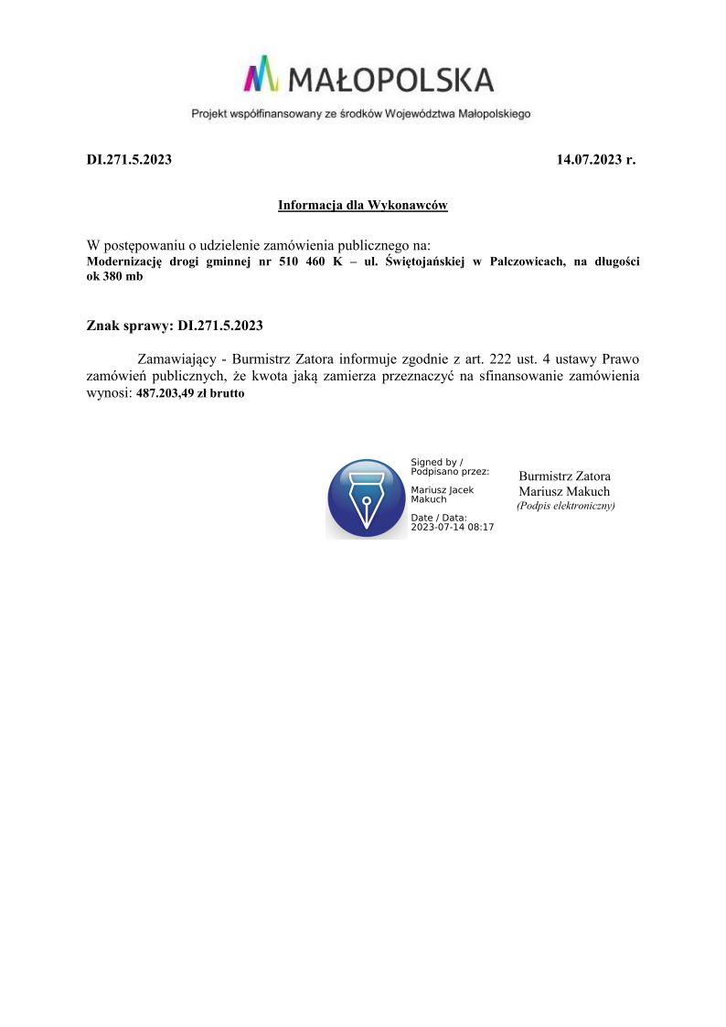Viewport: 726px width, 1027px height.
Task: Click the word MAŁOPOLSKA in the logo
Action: coord(391,80)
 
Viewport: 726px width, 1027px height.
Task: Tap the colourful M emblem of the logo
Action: coord(261,74)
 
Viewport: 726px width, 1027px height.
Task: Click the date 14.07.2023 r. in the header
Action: coord(595,159)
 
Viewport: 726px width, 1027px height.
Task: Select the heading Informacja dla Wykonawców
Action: coord(362,206)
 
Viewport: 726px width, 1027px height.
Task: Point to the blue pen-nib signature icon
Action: coord(367,497)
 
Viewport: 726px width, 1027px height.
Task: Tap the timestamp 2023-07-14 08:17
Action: coord(453,527)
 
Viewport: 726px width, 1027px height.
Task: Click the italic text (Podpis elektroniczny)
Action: coord(565,506)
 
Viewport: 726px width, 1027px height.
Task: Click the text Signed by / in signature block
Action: coord(437,462)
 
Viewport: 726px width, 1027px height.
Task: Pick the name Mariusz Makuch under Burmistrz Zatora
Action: coord(564,491)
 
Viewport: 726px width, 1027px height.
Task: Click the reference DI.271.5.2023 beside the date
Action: coord(129,159)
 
